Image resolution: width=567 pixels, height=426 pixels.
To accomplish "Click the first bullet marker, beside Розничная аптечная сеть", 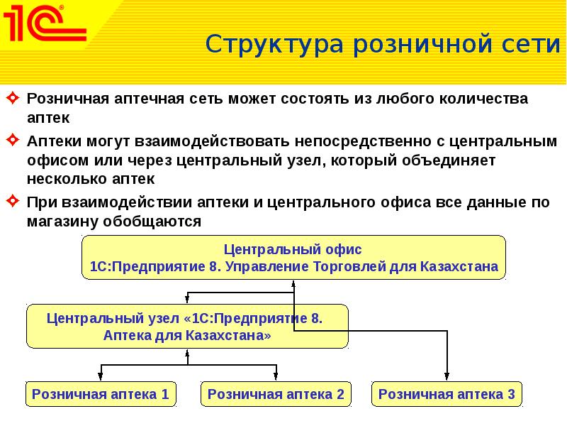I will pyautogui.click(x=13, y=99).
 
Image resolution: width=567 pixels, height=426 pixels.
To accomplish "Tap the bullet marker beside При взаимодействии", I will pyautogui.click(x=13, y=203).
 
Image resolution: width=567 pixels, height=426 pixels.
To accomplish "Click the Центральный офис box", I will pyautogui.click(x=293, y=259).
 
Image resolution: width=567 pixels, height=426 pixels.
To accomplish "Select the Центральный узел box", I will pyautogui.click(x=187, y=326).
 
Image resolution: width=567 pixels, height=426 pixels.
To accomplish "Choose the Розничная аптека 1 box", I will pyautogui.click(x=101, y=394).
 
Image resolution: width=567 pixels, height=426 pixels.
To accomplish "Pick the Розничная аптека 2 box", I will pyautogui.click(x=276, y=394).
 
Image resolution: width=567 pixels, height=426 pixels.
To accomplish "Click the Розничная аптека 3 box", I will pyautogui.click(x=447, y=394).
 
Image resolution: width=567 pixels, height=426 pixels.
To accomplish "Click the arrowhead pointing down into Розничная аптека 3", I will pyautogui.click(x=447, y=377).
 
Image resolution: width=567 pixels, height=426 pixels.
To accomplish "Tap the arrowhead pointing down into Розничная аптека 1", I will pyautogui.click(x=101, y=377).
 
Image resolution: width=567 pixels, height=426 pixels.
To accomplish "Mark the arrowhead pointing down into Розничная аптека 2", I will pyautogui.click(x=276, y=377).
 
